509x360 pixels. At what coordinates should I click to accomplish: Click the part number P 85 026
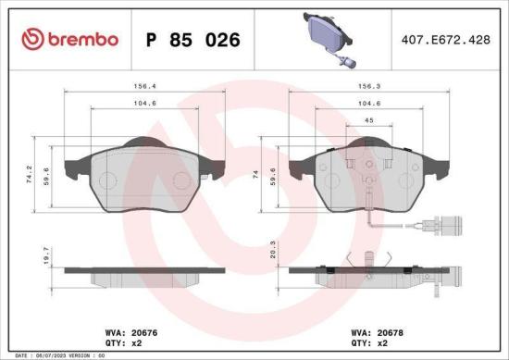pos(193,40)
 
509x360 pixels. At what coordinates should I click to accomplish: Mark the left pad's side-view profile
pos(143,273)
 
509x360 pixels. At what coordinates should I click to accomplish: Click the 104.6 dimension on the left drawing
pos(143,104)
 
